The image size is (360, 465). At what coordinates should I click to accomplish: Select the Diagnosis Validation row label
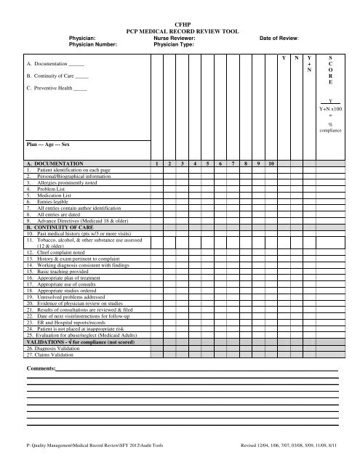pos(57,330)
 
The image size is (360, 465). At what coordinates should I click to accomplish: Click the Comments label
pos(41,349)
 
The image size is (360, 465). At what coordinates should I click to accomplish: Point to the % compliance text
pos(330,128)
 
